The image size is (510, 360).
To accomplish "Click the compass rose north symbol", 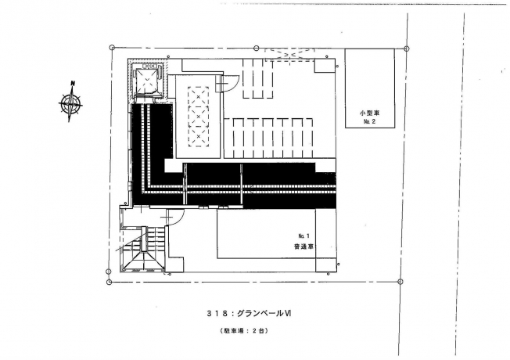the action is [x=70, y=103].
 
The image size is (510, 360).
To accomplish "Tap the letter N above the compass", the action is [x=73, y=83].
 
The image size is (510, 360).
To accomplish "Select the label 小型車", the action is [x=369, y=113].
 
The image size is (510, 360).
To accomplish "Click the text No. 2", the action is [x=369, y=122].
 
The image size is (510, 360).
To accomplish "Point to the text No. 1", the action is [x=304, y=236].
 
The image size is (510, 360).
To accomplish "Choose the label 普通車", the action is [x=303, y=247].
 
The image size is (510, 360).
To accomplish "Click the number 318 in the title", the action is [x=217, y=314].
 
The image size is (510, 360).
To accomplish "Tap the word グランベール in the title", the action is [x=260, y=314].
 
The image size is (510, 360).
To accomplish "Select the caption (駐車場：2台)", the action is [x=243, y=331].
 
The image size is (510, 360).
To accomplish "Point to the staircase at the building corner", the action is [x=143, y=249].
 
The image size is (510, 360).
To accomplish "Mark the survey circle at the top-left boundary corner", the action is [x=112, y=48].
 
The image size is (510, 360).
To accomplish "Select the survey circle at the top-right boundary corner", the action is [x=406, y=49].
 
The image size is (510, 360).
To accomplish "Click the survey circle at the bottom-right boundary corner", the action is [x=400, y=281].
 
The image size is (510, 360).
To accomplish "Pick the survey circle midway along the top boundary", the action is [x=257, y=49].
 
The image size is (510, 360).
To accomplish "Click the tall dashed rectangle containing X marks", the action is [x=198, y=117].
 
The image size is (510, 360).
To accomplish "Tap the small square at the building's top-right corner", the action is [x=325, y=66].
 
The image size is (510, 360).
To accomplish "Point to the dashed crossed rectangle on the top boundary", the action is [x=289, y=54].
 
